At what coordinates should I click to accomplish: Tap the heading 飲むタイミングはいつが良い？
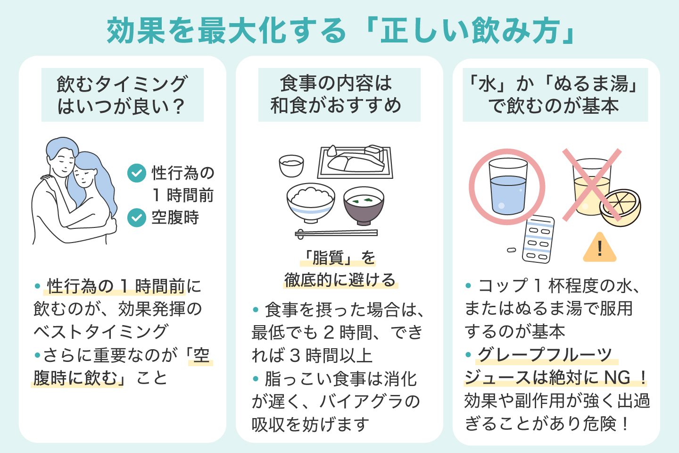click(x=122, y=95)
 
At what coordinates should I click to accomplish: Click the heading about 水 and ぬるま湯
click(x=555, y=95)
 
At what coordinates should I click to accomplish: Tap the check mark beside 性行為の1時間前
click(x=137, y=173)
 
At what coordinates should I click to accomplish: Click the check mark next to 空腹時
click(x=137, y=218)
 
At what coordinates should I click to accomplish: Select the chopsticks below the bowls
click(x=336, y=233)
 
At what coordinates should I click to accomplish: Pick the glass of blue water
click(x=508, y=187)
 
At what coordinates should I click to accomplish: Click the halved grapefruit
click(x=621, y=208)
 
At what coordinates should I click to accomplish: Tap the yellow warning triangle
click(x=599, y=248)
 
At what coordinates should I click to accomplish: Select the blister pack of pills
click(x=538, y=239)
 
